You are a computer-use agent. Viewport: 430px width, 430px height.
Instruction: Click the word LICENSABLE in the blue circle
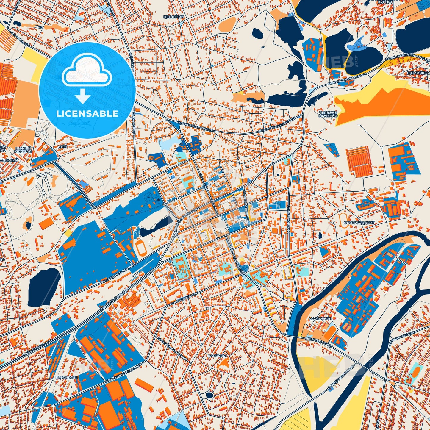[x=87, y=113]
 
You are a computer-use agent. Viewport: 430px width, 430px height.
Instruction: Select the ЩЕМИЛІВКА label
[x=418, y=73]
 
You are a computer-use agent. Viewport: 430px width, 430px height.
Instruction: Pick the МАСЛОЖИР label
[x=320, y=318]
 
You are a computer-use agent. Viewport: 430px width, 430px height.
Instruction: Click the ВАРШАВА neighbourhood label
[x=218, y=356]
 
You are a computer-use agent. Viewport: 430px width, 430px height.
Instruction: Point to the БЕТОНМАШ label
[x=67, y=377]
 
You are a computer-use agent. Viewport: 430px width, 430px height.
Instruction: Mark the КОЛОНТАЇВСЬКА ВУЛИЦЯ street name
[x=276, y=125]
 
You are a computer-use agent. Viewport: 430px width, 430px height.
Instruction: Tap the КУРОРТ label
[x=385, y=2]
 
